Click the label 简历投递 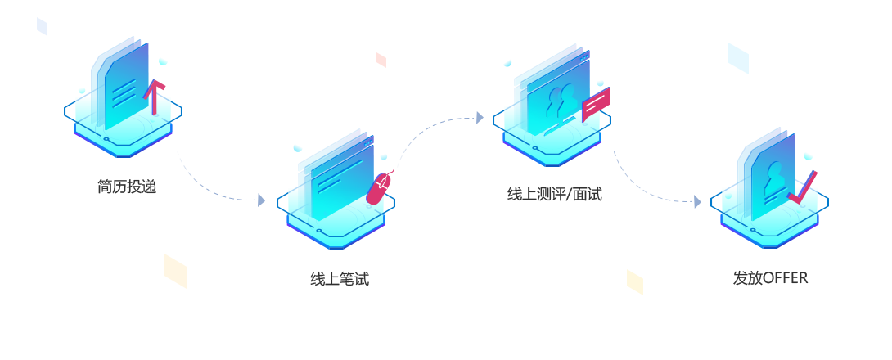(126, 187)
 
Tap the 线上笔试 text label (339, 279)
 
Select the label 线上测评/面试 (554, 195)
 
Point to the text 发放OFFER (770, 277)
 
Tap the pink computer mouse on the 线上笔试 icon (378, 188)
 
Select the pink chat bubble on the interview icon (596, 104)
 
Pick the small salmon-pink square (381, 61)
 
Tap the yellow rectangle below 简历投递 (175, 271)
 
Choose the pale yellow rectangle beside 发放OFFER (634, 281)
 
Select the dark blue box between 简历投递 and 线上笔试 (215, 175)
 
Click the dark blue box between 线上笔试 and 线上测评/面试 (435, 142)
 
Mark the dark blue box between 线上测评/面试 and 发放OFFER (652, 177)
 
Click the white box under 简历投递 (126, 209)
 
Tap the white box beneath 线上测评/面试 (556, 218)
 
